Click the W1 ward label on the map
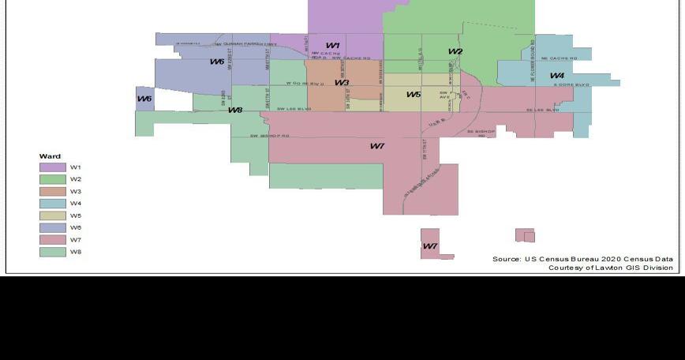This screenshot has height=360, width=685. coord(333,46)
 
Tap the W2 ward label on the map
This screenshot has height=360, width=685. coord(455,52)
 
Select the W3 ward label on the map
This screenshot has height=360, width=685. coord(342,83)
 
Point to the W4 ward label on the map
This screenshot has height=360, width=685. coord(557,76)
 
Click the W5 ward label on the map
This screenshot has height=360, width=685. coord(414,95)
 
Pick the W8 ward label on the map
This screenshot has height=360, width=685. coord(235,110)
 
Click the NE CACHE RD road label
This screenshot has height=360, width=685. coord(560,58)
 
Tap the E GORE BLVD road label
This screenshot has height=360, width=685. coord(571,84)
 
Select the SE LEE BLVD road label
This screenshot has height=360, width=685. coord(543,110)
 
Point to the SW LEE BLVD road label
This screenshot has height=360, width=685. coord(294,108)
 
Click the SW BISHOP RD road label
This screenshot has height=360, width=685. coord(270,136)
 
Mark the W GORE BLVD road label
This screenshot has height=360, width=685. coord(306,83)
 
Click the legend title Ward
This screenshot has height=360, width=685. coord(50,156)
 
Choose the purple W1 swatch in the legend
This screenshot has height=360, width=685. coord(53,167)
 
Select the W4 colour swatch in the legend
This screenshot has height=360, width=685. coord(53,204)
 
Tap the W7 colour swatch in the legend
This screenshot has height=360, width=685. coord(53,240)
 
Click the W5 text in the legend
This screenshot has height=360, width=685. coord(76,216)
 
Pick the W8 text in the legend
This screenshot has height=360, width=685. coord(76,252)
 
